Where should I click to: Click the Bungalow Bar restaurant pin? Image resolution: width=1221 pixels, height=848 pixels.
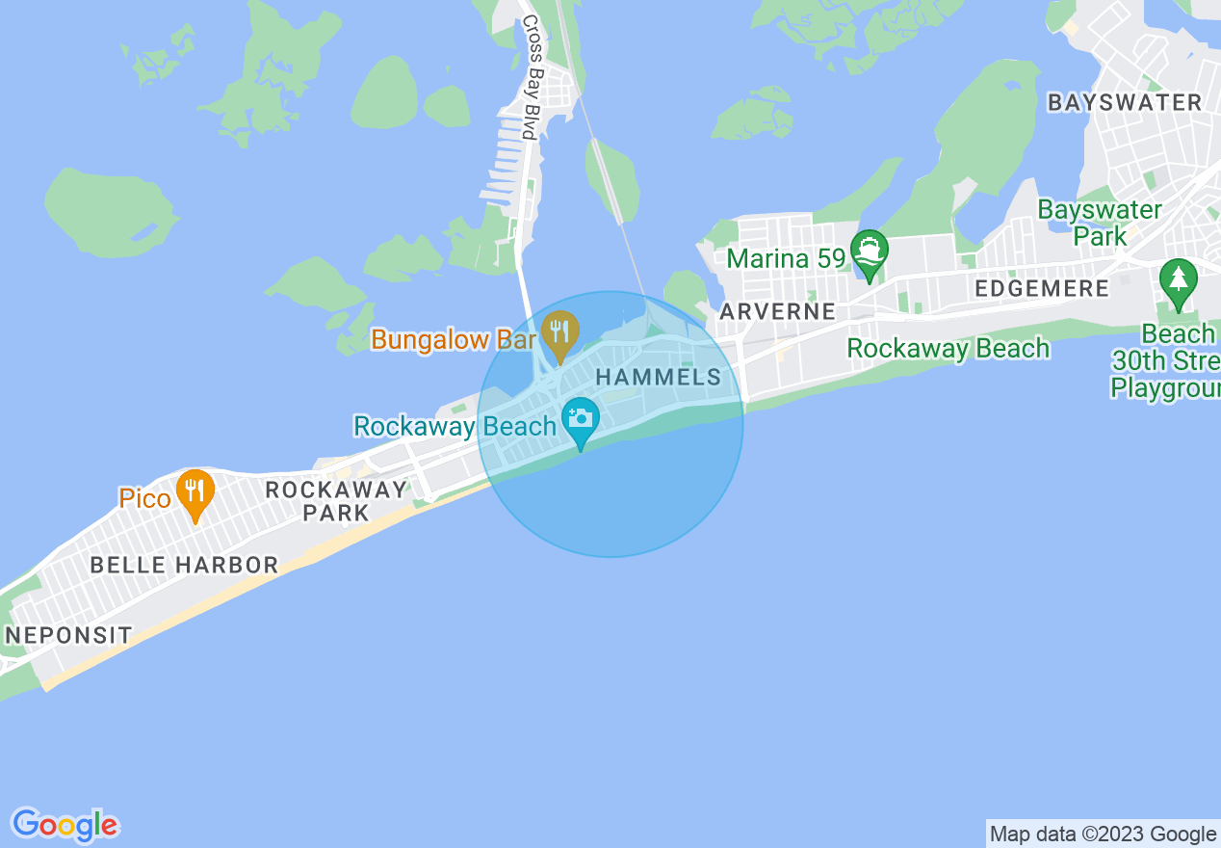click(x=559, y=331)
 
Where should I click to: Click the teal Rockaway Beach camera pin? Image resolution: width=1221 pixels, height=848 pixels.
click(x=581, y=419)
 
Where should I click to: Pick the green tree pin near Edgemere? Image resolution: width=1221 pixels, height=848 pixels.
click(x=1178, y=280)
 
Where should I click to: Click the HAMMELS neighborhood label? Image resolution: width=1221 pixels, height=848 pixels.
click(x=660, y=377)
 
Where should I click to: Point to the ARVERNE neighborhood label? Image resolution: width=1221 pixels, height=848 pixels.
click(x=778, y=311)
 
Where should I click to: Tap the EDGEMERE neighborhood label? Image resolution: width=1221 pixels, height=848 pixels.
click(x=1042, y=288)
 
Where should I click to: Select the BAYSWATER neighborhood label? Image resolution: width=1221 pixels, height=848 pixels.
click(x=1125, y=102)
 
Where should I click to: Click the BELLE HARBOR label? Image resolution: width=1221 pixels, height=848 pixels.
click(x=184, y=565)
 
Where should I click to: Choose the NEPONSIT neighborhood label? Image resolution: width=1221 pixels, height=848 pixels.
click(x=68, y=635)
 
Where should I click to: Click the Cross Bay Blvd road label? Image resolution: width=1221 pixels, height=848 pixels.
click(x=531, y=91)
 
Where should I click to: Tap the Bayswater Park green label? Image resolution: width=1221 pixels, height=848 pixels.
click(x=1100, y=222)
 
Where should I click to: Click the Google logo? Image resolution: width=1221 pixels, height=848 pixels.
click(x=65, y=824)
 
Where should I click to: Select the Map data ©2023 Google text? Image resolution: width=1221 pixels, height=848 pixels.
click(x=1104, y=834)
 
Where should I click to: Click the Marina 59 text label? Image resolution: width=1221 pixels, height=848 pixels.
click(x=786, y=258)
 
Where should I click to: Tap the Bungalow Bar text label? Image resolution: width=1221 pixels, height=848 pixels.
click(x=454, y=339)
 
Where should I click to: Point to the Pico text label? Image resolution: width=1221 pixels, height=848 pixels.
click(x=144, y=498)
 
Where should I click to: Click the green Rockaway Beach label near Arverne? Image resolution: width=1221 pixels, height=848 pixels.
click(x=948, y=348)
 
